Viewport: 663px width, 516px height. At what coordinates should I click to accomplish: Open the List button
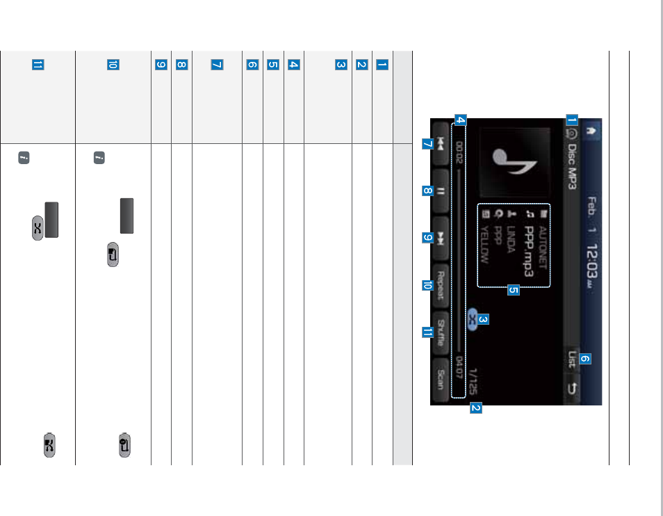click(571, 360)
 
